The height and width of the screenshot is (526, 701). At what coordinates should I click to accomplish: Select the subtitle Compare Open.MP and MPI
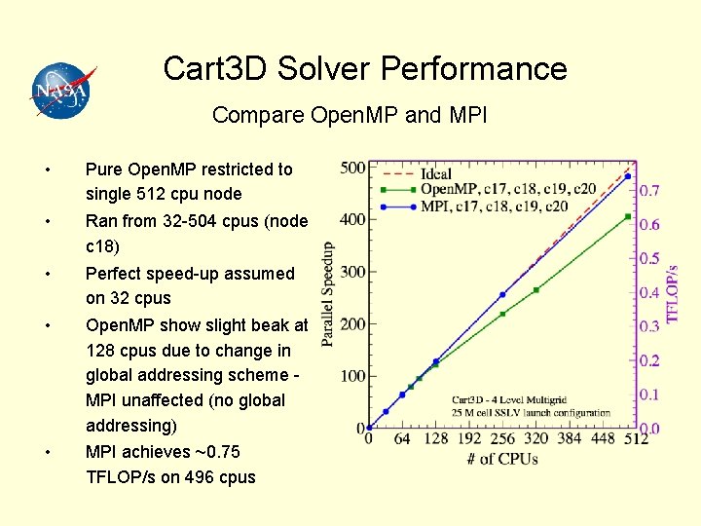click(x=350, y=116)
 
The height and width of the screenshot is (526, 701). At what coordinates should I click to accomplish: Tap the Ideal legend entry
click(x=435, y=174)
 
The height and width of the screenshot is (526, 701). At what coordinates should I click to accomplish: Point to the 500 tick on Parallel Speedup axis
click(x=352, y=168)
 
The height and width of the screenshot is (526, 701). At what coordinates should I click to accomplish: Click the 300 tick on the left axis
click(x=352, y=272)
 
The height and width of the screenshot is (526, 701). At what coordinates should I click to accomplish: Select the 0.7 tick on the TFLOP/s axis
click(x=648, y=190)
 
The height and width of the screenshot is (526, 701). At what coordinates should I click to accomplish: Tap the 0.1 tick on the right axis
click(x=648, y=394)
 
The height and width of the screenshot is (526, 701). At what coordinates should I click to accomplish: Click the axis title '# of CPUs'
click(x=501, y=459)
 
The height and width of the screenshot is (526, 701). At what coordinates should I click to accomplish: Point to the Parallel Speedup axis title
click(x=328, y=294)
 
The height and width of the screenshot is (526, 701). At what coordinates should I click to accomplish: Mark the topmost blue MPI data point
click(x=628, y=176)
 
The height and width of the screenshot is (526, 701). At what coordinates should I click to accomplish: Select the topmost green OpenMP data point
click(x=628, y=216)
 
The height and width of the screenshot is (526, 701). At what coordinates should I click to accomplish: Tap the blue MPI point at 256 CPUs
click(x=502, y=294)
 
